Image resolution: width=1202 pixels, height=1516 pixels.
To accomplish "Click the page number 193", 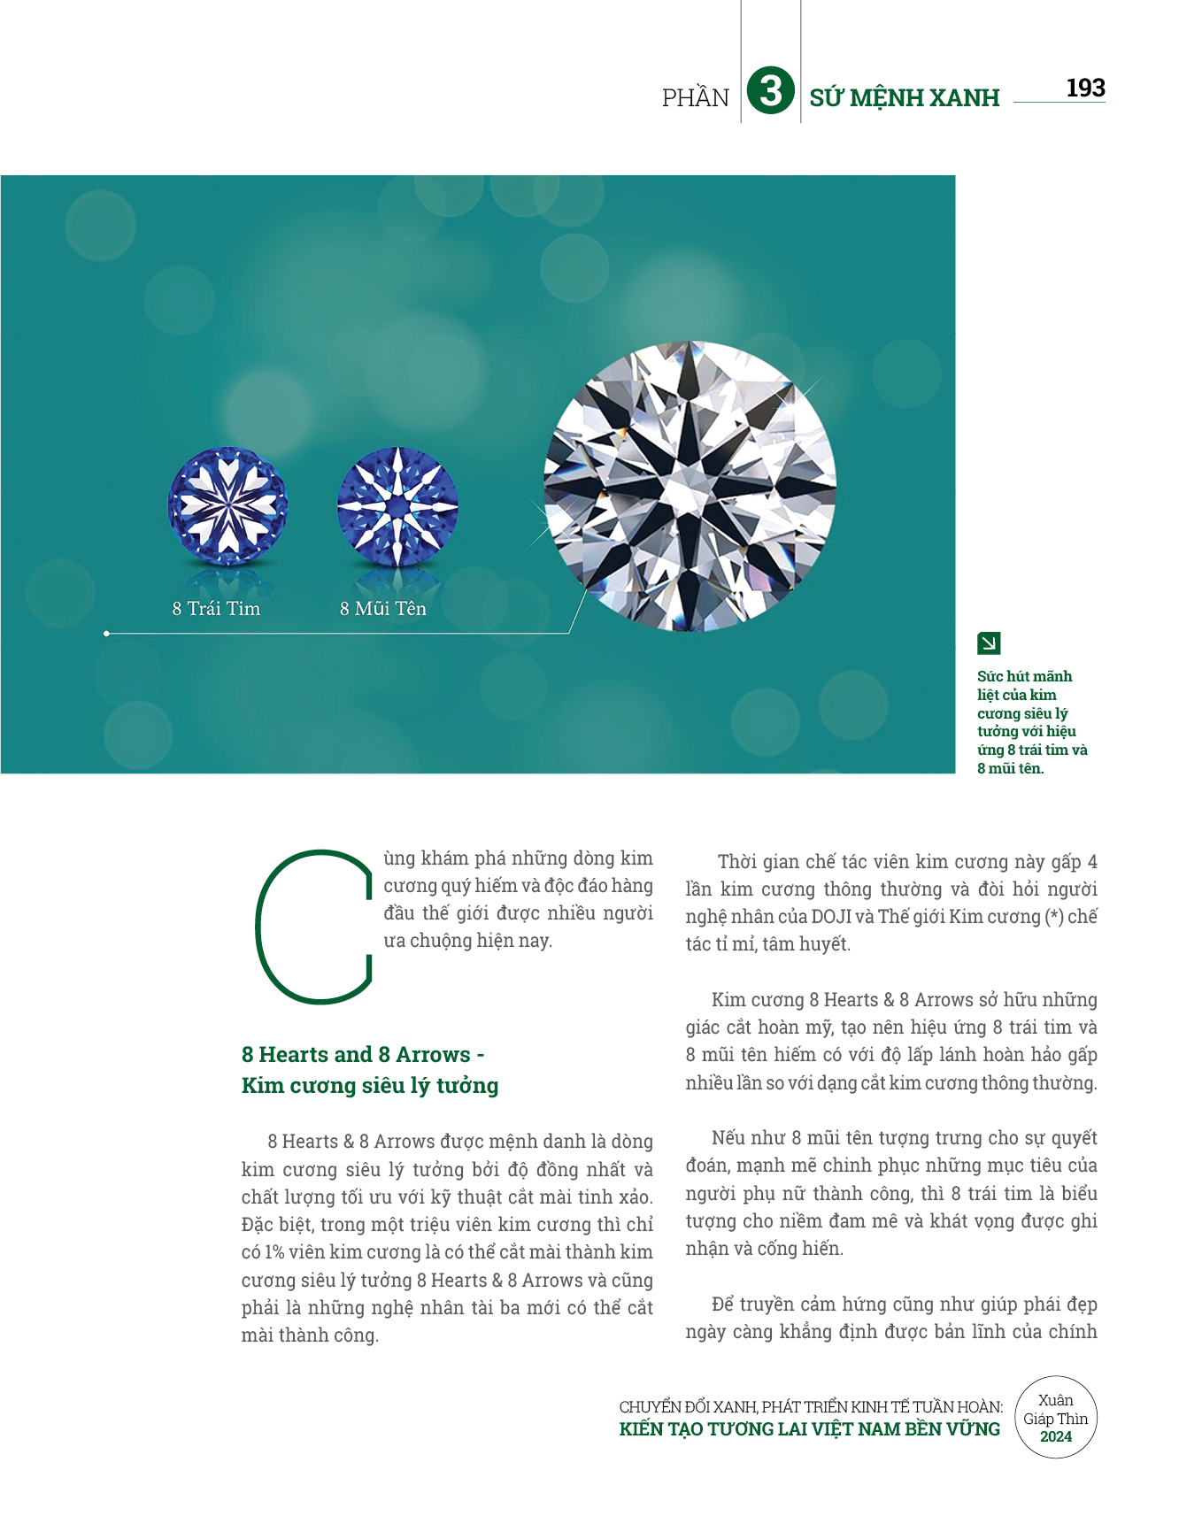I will (x=1085, y=88).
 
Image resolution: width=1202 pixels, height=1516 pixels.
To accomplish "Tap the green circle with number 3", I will (x=770, y=92).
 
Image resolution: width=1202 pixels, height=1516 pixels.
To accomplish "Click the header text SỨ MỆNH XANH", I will (x=904, y=97).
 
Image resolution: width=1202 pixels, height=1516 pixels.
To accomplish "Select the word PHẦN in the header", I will (x=696, y=97).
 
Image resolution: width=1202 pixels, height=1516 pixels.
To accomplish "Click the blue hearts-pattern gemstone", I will (x=227, y=506).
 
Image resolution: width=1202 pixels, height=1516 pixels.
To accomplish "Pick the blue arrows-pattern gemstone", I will (x=397, y=506).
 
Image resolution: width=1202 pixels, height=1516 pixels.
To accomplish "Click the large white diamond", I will (x=690, y=487).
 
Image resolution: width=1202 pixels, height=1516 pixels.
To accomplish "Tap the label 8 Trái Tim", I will (x=216, y=609).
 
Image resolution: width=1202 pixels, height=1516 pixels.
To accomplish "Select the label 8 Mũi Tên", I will (x=382, y=609).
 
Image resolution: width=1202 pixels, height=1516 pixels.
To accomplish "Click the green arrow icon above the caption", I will (x=989, y=643).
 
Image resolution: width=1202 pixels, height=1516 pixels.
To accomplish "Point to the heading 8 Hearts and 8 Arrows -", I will (x=362, y=1055).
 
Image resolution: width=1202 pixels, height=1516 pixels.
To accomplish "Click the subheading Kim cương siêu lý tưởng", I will (x=369, y=1086).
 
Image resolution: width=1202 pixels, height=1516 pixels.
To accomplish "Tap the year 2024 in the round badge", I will (x=1055, y=1437).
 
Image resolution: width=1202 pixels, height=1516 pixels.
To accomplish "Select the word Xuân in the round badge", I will (x=1055, y=1400).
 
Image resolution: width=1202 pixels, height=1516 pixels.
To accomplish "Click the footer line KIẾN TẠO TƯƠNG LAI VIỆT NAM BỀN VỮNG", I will (x=809, y=1429).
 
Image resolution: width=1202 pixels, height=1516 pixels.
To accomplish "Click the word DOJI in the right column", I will (x=831, y=917).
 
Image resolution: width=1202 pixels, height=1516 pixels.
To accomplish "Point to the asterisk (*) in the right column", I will (x=1053, y=917).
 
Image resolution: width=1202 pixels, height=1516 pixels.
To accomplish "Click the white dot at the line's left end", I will (x=106, y=634).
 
